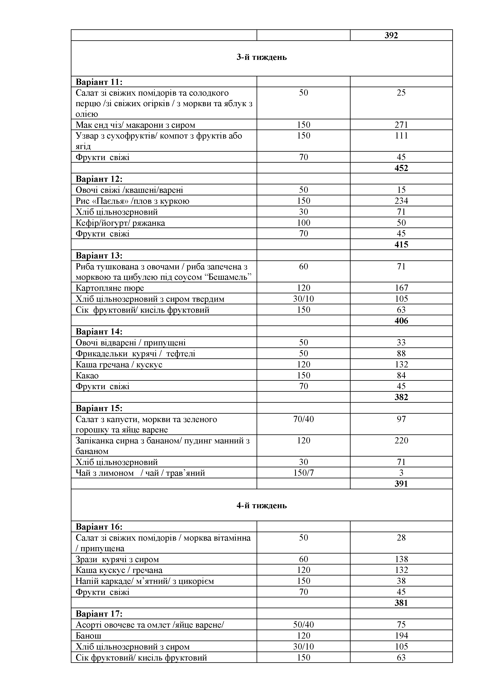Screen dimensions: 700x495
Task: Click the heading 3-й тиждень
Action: tap(262, 57)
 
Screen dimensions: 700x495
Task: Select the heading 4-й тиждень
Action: tap(262, 505)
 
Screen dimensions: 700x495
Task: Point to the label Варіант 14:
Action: tap(99, 331)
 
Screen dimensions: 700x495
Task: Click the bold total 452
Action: tap(401, 168)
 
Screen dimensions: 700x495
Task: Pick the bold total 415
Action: tap(401, 244)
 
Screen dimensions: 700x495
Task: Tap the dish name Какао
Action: tap(87, 375)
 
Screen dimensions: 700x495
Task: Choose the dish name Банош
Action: tap(88, 636)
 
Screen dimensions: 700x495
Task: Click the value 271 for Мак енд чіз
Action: tap(401, 125)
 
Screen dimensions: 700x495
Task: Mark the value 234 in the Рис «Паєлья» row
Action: tap(401, 201)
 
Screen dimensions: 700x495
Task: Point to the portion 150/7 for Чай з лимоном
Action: tap(303, 473)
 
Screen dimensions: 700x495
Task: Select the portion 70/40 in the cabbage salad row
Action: tap(303, 419)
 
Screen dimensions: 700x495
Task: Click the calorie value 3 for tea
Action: tap(401, 473)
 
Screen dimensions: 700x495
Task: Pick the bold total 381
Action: tap(401, 603)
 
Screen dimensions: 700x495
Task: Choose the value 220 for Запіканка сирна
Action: tap(401, 441)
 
